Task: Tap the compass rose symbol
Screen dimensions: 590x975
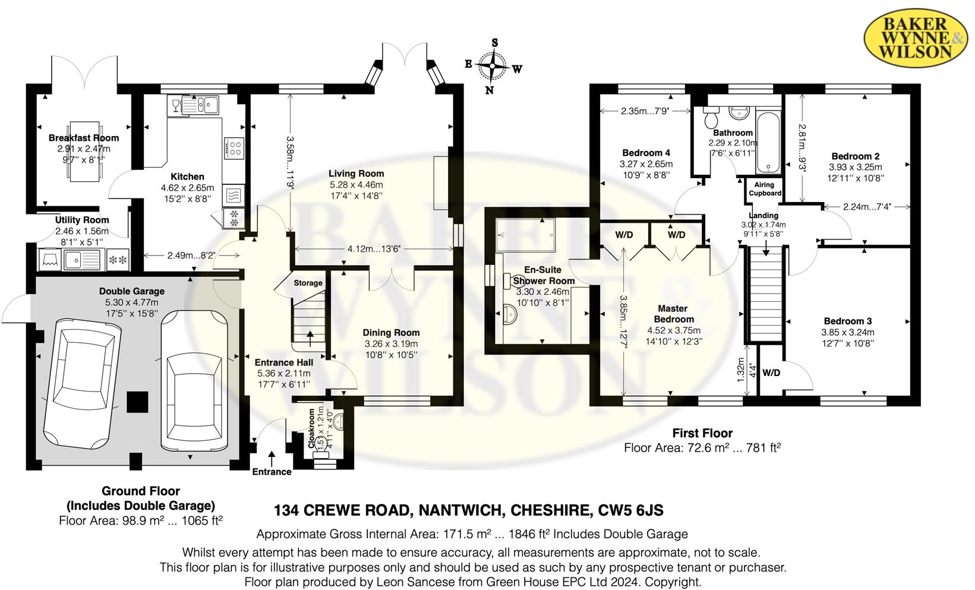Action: click(493, 65)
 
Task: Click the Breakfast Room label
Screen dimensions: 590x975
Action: click(84, 138)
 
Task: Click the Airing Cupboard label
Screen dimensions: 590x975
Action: click(765, 189)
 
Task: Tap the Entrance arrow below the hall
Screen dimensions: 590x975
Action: click(272, 459)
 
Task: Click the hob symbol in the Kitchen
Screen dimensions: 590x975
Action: click(234, 148)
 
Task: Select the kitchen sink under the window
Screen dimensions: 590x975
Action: click(200, 106)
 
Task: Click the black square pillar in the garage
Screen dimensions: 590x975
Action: click(138, 402)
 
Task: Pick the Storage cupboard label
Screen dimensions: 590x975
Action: click(308, 283)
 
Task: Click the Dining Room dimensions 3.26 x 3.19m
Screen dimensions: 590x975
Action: click(391, 344)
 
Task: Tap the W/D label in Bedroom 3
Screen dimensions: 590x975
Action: click(771, 373)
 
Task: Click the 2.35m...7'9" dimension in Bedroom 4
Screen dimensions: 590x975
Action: click(645, 111)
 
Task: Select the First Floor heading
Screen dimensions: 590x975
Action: click(702, 433)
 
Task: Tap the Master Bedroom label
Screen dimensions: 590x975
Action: click(673, 314)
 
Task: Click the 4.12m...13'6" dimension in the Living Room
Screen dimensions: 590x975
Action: click(374, 249)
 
